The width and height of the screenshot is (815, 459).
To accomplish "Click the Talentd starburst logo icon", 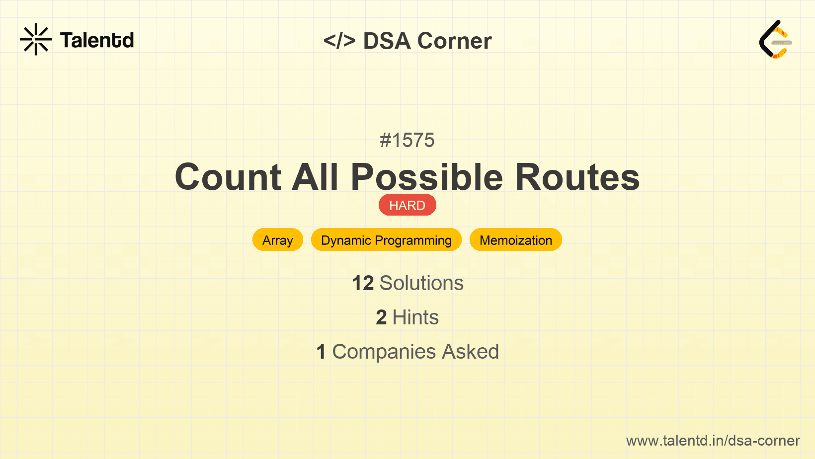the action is point(36,39).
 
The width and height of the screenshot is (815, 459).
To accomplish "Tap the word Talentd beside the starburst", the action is point(97,40).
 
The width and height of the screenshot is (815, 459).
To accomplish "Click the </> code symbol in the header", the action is point(339,40).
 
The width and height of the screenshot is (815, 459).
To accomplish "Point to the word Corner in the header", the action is point(454,40).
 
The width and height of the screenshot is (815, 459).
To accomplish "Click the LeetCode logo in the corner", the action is point(775,39).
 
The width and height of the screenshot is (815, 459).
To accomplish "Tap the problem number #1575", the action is point(407,140).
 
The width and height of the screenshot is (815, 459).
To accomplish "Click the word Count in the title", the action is point(228,177).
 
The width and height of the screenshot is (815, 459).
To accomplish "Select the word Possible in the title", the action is point(427,177).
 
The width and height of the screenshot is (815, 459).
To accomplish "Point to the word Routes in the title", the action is point(577,177).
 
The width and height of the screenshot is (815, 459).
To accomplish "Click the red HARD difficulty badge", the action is point(407,205).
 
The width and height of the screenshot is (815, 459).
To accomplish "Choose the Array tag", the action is point(278,240).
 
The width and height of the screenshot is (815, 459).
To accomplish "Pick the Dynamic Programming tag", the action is point(387,240).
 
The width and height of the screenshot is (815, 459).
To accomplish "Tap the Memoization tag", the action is point(515,240).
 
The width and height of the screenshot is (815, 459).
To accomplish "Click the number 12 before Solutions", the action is point(363,283).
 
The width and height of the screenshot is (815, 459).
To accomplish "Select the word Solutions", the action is point(421,283).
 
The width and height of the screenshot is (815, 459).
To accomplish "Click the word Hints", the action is point(415,317).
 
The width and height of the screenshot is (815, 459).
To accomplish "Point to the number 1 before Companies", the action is point(321,352).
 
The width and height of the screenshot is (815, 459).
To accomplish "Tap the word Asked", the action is point(470,351).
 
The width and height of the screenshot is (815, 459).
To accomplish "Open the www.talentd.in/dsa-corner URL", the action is point(713,441).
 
